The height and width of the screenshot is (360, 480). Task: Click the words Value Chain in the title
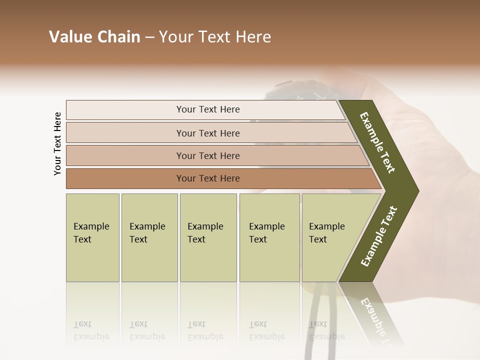point(94,37)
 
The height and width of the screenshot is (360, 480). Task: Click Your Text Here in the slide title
point(215,37)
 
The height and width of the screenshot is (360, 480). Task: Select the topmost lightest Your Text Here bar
point(208,109)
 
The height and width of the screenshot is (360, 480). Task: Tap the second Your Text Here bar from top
point(208,133)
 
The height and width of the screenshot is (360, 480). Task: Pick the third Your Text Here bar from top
point(208,155)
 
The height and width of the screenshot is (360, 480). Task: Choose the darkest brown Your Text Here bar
point(208,178)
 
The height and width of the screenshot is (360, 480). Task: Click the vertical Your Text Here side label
point(57,144)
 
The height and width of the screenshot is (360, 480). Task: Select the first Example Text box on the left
point(92,237)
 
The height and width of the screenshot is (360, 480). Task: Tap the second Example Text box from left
point(149,237)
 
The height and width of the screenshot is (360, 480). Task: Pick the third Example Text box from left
point(207,237)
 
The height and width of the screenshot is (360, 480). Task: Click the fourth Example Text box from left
point(269,237)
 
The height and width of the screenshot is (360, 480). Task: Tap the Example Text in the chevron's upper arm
point(378,142)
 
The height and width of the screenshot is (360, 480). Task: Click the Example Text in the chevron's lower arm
point(379,236)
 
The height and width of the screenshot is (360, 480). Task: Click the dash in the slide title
point(149,37)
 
